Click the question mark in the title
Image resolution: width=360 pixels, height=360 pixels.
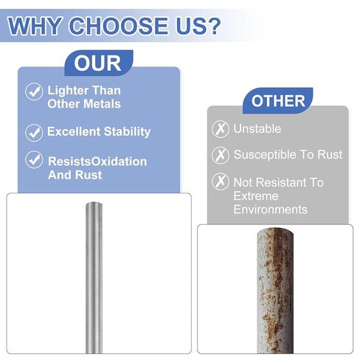pos(211,25)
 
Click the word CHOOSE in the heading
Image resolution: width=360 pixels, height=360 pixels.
pos(120,26)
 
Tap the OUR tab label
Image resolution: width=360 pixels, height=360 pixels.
pos(97,63)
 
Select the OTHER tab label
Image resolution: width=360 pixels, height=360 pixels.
pos(278,101)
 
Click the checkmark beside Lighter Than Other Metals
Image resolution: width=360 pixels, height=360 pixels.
pos(34,91)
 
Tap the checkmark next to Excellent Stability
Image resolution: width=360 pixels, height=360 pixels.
pos(34,133)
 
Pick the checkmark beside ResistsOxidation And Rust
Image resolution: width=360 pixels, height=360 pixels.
pos(34,159)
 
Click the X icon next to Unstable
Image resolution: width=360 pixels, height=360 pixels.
pos(221,128)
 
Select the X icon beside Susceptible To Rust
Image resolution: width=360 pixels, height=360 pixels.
pos(221,155)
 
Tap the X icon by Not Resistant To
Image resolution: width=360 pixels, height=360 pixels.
pos(221,181)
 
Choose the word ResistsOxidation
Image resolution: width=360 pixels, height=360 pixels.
pos(97,162)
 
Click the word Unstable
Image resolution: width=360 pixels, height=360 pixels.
pos(257,128)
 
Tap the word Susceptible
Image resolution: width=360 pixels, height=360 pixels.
pos(265,155)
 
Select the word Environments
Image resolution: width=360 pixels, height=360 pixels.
pos(270,210)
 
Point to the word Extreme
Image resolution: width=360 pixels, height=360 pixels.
pos(256,196)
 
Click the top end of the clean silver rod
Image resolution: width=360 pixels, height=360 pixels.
pos(94,204)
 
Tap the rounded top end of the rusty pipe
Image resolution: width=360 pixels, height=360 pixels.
pos(275,232)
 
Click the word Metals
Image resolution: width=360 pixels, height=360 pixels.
pos(103,104)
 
